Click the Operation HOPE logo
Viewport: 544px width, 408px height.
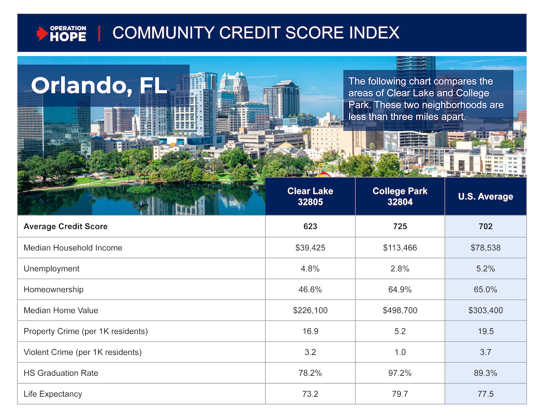tap(62, 33)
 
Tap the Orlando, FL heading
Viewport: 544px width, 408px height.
tap(99, 85)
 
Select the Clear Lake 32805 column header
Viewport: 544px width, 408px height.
tap(310, 196)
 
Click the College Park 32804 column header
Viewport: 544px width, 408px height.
tap(400, 196)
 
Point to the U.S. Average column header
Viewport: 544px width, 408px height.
tap(485, 196)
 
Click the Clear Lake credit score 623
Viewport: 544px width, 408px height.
tap(310, 226)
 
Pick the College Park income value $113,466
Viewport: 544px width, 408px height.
tap(400, 248)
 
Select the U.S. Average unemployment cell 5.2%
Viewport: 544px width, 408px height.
tap(485, 268)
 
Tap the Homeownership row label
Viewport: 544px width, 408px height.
tap(53, 289)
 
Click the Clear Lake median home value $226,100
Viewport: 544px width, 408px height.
tap(310, 311)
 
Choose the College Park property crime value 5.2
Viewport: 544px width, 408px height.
tap(400, 331)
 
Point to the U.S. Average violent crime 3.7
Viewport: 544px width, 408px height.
tap(485, 352)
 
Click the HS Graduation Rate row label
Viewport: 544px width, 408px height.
tap(61, 373)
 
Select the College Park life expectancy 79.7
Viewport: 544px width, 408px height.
tap(400, 394)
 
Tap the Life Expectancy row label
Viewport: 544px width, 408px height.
tap(53, 394)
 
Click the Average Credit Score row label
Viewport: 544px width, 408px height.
tap(65, 226)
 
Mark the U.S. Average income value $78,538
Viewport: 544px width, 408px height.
tap(485, 248)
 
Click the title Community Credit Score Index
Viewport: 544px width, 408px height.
tap(256, 33)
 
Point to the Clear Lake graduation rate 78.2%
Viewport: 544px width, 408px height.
tap(310, 373)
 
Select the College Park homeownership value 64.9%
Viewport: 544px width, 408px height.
tap(400, 289)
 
